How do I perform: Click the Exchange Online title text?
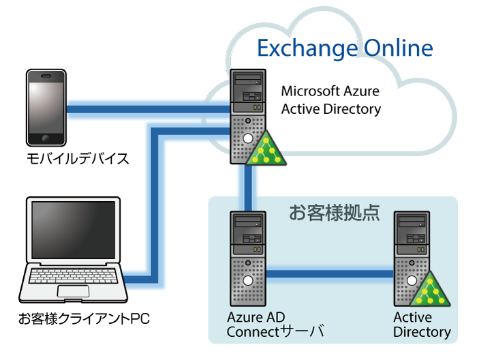(x=344, y=48)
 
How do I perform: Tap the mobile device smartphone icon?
(x=46, y=108)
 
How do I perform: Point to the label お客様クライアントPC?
(x=84, y=318)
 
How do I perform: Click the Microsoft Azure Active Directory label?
(x=330, y=100)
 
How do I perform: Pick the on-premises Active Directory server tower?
(x=412, y=256)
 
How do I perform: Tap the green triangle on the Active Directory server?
(x=429, y=290)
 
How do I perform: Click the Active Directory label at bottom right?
(x=422, y=325)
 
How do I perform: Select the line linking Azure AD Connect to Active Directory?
(x=330, y=275)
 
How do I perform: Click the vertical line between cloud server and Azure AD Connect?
(x=247, y=187)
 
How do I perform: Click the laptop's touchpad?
(x=73, y=291)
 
